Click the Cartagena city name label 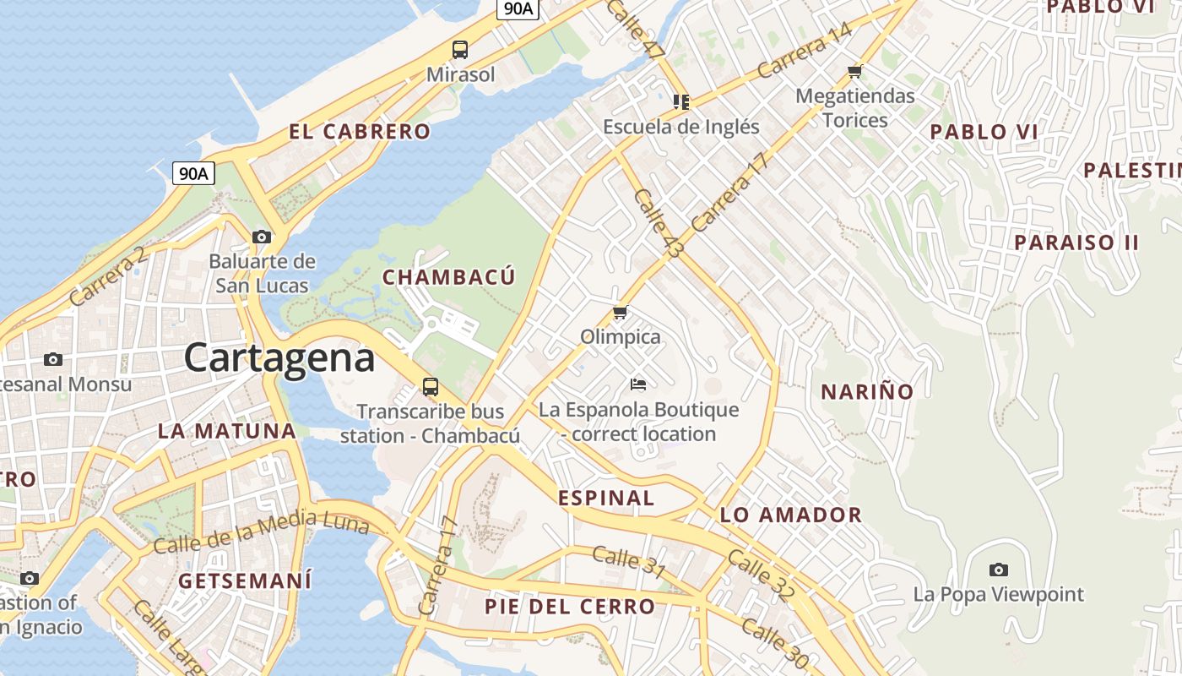point(279,357)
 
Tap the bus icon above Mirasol point(460,50)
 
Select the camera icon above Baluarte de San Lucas point(262,237)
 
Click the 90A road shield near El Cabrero point(193,174)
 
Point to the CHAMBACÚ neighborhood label point(448,277)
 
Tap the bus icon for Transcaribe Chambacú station point(431,387)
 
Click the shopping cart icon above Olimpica point(621,313)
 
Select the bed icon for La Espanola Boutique point(638,384)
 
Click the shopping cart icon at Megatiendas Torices point(855,71)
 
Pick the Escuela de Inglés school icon point(681,102)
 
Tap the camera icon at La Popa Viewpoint point(999,570)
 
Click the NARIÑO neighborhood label point(867,391)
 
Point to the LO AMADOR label point(790,515)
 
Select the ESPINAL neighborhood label point(606,498)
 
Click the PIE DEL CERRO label point(570,606)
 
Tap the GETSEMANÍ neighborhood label point(245,581)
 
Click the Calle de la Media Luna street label point(262,533)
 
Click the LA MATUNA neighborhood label point(227,431)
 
